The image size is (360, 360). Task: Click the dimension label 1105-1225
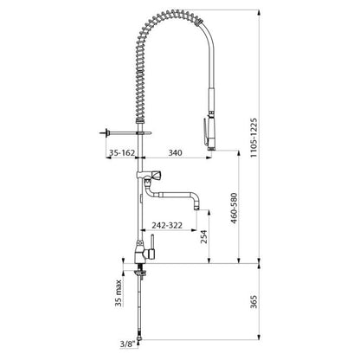point(254,138)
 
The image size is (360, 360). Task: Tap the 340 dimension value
point(175,152)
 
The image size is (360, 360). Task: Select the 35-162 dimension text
point(121,152)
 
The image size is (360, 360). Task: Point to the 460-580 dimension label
point(234,208)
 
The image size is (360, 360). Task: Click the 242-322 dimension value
point(167,225)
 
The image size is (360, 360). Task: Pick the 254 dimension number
point(204,236)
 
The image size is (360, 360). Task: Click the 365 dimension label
point(254,301)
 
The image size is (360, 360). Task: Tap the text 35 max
point(119,293)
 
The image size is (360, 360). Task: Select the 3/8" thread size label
point(127,344)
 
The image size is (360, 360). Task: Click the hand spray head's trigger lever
point(204,131)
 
